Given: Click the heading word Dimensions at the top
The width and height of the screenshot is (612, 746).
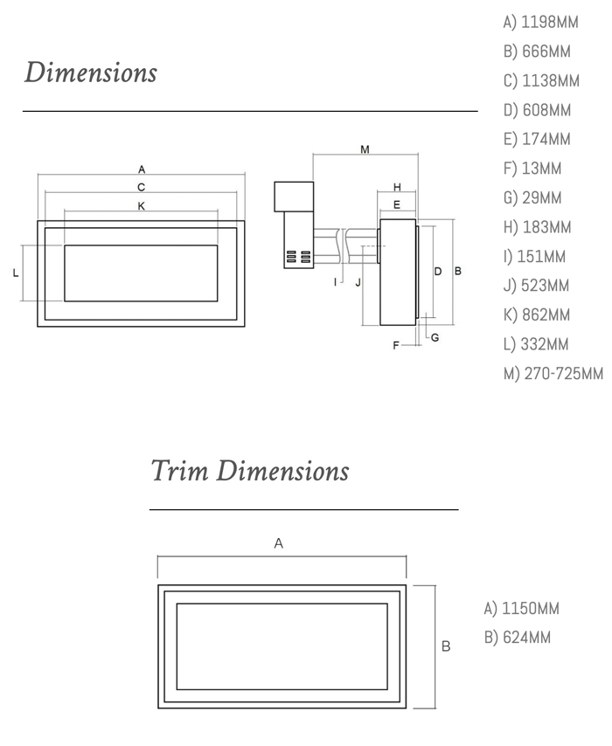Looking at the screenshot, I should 91,72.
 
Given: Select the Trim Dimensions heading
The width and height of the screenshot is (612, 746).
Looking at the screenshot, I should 250,471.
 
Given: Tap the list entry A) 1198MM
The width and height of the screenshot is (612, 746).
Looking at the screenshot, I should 540,23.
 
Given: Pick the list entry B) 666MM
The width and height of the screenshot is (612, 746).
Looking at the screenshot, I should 537,52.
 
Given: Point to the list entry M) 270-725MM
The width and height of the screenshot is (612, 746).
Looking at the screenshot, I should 553,374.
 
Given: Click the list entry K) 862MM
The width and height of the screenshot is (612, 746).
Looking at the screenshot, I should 537,315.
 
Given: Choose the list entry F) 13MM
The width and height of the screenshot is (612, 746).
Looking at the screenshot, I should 532,169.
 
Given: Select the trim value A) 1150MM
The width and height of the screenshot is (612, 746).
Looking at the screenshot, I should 521,609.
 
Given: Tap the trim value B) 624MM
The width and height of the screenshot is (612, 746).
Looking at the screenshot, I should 518,638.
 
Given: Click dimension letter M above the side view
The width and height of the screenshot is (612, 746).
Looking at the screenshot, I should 365,149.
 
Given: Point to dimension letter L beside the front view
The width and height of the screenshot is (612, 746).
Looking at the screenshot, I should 16,273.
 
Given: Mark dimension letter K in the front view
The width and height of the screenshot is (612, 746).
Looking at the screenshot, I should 141,206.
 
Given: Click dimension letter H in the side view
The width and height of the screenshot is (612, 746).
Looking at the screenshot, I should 397,188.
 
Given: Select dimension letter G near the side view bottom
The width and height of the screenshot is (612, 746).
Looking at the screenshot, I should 435,338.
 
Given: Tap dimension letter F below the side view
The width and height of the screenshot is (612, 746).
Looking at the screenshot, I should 396,346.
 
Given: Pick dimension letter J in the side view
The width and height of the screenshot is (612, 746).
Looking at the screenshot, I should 358,282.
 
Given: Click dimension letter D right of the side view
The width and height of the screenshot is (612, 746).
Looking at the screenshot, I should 438,272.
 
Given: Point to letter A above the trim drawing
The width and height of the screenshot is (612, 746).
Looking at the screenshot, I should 279,543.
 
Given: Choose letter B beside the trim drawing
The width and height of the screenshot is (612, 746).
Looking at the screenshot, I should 446,646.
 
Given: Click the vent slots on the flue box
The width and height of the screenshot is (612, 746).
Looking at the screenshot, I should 298,257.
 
